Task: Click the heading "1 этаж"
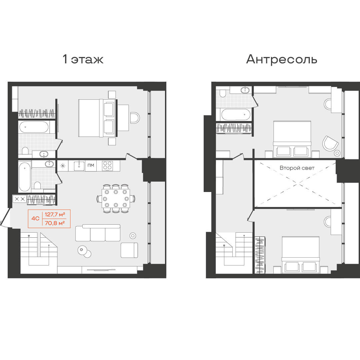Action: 83,59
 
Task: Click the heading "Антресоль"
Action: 281,59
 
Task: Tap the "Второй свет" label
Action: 297,168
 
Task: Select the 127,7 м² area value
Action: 55,214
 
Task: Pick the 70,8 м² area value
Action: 55,222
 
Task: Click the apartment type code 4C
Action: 35,218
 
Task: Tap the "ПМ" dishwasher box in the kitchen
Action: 91,165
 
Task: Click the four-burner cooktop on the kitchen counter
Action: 107,166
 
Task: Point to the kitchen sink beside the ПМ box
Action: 79,166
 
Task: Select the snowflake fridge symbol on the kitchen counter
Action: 63,166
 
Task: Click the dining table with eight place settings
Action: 116,198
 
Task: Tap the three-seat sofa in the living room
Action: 98,233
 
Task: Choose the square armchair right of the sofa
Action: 129,250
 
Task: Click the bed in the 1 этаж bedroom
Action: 98,118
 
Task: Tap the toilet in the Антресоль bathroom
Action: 222,93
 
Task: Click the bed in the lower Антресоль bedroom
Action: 301,255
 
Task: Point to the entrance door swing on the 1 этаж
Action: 6,217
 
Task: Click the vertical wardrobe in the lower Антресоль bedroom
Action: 260,255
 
